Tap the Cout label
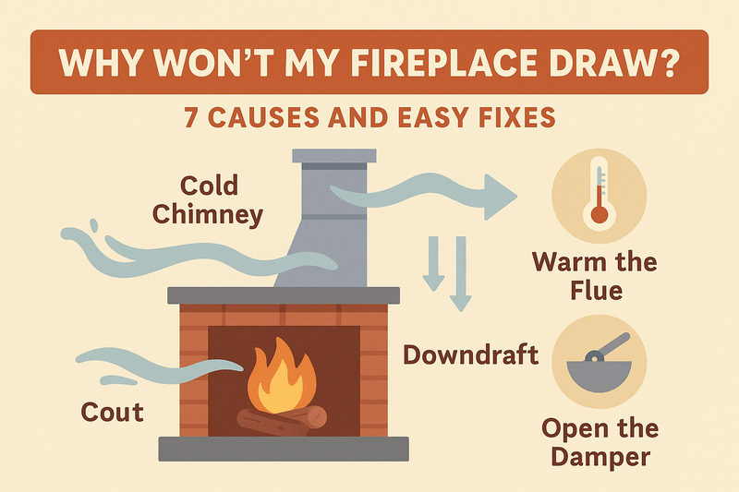(113, 411)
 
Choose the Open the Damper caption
(601, 442)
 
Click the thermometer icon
(600, 194)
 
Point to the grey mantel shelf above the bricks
(283, 295)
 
